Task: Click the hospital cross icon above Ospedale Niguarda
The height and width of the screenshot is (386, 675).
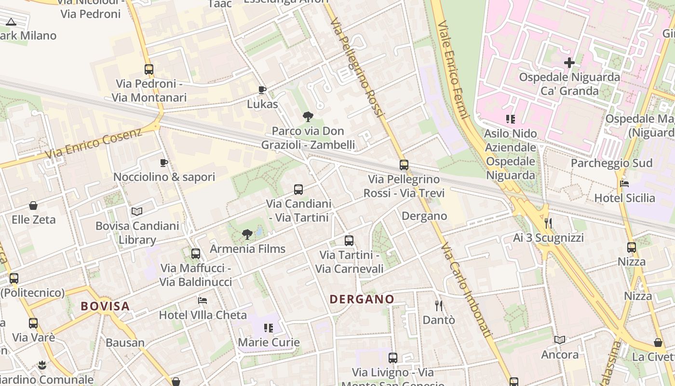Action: click(569, 63)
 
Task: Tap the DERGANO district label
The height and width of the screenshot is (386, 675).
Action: click(362, 299)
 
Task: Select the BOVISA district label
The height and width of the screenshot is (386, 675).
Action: click(105, 306)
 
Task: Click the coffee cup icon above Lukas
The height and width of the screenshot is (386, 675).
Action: click(262, 90)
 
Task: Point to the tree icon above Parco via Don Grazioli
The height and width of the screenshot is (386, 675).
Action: click(308, 116)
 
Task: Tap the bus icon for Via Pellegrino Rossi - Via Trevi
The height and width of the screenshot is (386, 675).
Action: click(404, 165)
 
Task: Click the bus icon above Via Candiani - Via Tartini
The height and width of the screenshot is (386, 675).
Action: click(298, 190)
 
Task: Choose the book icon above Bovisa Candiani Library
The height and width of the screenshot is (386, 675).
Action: click(137, 211)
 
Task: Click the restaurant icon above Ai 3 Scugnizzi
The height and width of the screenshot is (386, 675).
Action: click(548, 223)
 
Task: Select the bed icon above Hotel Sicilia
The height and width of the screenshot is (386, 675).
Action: click(624, 183)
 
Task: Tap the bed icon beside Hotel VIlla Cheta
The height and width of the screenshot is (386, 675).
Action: click(202, 300)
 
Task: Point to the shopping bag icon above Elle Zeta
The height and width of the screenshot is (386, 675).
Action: click(33, 206)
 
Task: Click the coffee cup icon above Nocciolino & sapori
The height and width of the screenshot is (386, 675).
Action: click(164, 163)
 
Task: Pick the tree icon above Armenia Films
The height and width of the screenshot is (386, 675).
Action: click(247, 235)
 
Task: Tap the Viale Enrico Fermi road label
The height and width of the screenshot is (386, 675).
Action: click(453, 70)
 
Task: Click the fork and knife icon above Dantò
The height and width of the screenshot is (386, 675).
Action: click(439, 305)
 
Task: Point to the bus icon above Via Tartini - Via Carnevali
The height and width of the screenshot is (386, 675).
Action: click(349, 240)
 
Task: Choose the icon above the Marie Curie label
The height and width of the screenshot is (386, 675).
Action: click(269, 328)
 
